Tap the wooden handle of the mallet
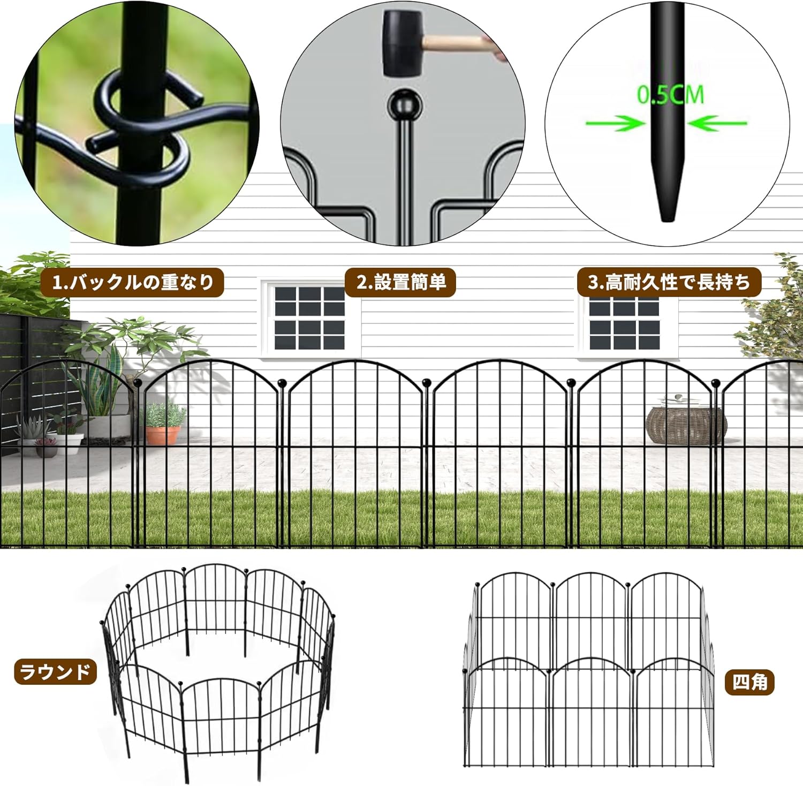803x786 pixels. (x=460, y=43)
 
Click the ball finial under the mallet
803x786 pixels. (x=405, y=105)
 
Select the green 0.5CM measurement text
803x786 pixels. (x=670, y=95)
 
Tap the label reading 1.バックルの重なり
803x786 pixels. (x=132, y=282)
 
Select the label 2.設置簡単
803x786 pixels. (x=400, y=282)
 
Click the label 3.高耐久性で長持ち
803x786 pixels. (x=669, y=282)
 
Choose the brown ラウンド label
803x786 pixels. (x=55, y=672)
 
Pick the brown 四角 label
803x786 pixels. (x=749, y=682)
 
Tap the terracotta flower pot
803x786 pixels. (x=163, y=434)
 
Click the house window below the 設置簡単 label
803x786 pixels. (x=309, y=318)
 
